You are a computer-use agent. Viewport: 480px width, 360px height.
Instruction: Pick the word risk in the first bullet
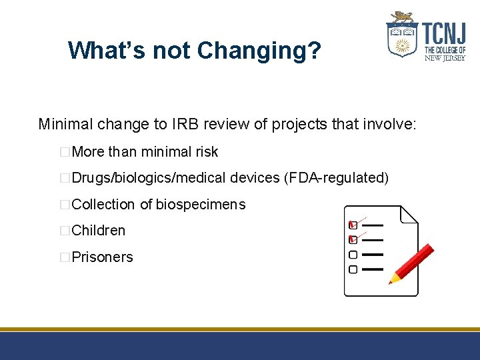207,152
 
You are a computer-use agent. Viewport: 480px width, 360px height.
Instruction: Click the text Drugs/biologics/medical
149,178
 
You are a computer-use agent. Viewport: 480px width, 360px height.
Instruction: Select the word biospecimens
201,204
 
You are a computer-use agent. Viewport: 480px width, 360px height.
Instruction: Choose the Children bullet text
99,231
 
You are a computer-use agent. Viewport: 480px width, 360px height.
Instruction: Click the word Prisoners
102,257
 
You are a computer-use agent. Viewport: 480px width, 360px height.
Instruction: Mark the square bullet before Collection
65,205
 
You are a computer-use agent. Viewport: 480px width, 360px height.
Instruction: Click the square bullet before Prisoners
65,257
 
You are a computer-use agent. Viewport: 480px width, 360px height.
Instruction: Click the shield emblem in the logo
403,39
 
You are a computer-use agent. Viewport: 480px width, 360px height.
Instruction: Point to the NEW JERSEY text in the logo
445,57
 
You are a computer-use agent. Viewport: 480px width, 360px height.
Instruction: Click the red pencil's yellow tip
392,279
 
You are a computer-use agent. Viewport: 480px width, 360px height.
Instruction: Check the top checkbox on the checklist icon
353,225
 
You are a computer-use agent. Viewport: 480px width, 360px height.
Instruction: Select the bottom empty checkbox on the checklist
353,269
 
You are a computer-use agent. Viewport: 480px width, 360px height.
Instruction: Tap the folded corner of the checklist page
408,215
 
